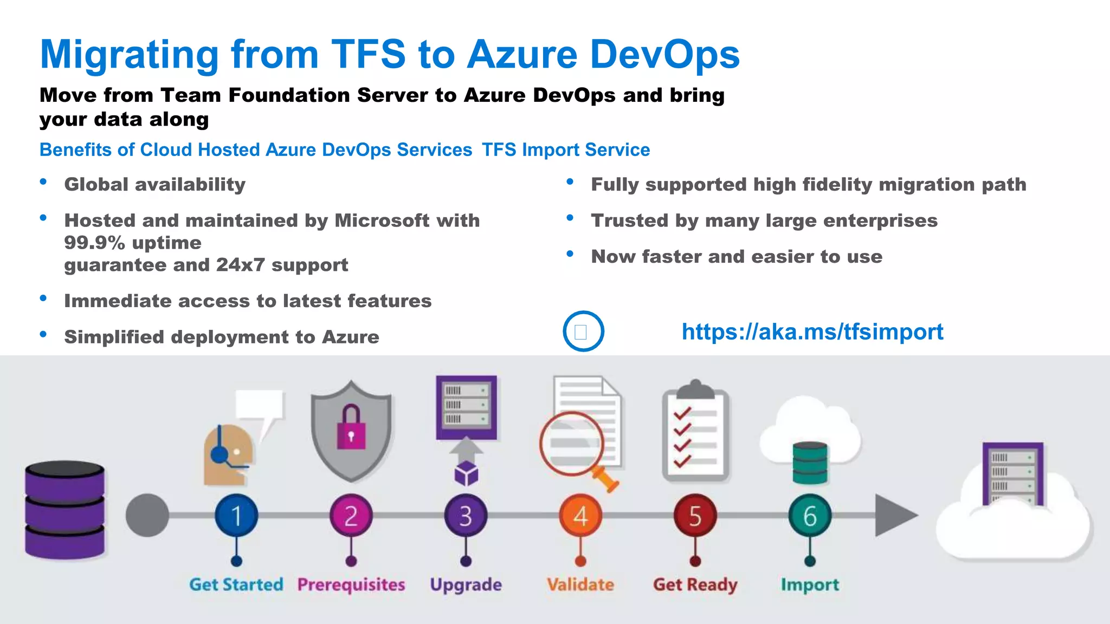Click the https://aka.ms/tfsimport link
812,331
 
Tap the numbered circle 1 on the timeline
236,515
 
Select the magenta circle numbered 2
351,515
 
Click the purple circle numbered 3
466,515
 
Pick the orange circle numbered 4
580,515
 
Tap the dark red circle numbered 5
695,515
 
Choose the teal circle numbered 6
810,515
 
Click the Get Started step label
236,584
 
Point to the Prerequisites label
351,584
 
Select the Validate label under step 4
580,584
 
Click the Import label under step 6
810,584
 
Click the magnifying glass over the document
572,444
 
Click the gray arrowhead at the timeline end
894,515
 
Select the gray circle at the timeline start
147,515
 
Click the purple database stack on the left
65,510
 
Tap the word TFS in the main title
368,55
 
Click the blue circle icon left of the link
583,331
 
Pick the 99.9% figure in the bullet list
95,243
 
